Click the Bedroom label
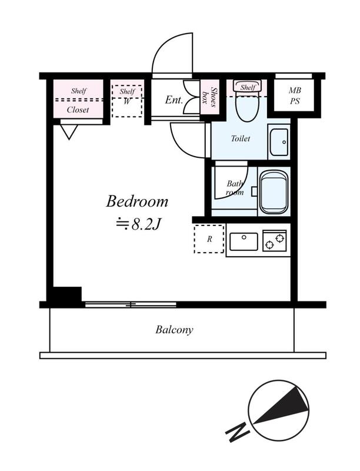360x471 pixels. point(137,202)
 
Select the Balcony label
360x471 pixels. point(174,330)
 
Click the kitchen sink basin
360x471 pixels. point(244,241)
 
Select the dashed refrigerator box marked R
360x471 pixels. point(209,239)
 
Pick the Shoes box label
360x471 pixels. point(206,97)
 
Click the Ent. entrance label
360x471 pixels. point(174,100)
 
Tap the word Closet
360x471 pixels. point(78,110)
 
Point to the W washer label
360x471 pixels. point(128,101)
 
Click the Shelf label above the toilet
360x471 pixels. point(248,88)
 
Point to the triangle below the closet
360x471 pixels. point(69,131)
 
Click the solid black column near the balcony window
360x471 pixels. point(65,295)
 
